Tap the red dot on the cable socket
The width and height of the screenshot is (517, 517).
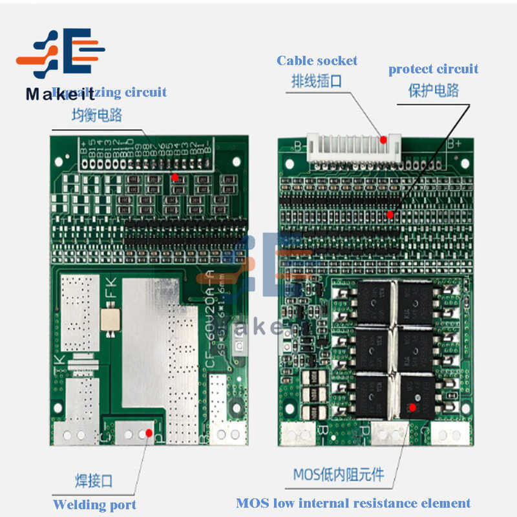click(383, 139)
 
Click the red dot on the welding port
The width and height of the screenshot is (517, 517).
click(149, 432)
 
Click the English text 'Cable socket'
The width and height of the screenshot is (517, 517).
click(317, 61)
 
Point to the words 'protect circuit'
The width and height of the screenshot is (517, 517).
click(433, 69)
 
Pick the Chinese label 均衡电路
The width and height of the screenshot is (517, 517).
click(96, 116)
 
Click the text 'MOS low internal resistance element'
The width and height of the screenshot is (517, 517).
click(353, 503)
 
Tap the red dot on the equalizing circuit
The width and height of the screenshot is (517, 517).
click(174, 176)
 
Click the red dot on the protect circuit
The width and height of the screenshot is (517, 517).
click(390, 214)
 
